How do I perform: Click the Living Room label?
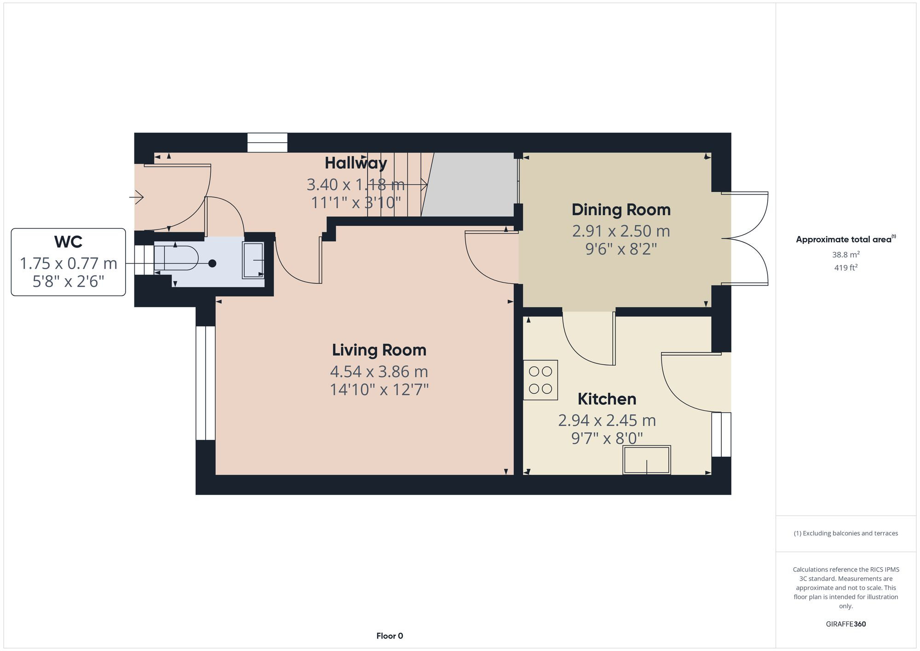pos(379,350)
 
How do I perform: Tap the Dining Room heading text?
pos(621,210)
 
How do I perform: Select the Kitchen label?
pos(607,399)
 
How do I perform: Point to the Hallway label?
pos(356,163)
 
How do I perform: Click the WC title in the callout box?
pos(68,242)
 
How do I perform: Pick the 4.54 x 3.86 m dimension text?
pos(379,371)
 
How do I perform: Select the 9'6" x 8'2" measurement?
pos(621,249)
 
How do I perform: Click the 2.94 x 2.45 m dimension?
pos(607,420)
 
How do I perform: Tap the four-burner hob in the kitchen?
pos(540,380)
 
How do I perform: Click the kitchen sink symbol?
pos(646,460)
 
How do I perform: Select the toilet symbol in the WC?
pos(179,258)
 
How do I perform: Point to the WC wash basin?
pos(253,260)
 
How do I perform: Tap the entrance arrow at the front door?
pos(137,198)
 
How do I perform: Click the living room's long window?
pos(205,383)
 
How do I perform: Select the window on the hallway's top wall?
pos(267,142)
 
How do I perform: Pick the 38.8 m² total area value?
pos(845,254)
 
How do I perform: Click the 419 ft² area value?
pos(845,268)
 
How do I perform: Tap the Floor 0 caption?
pos(390,636)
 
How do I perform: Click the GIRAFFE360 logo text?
pos(845,624)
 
